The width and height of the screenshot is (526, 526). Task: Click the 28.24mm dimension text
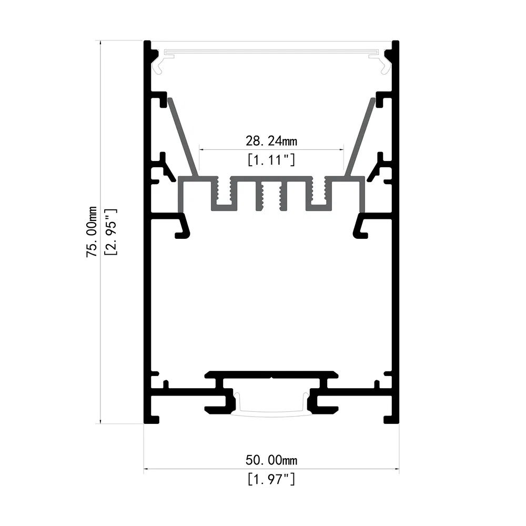pos(271,140)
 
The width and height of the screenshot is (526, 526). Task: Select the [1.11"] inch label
pos(271,159)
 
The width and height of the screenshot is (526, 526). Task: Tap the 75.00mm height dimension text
pos(92,231)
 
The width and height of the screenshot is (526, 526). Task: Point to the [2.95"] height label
pos(110,231)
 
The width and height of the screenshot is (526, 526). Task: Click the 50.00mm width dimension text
pos(271,460)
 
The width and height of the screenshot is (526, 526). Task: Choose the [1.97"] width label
pos(271,479)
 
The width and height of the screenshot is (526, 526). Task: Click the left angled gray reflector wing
pos(183,137)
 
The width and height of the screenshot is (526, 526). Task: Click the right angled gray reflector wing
pos(361,137)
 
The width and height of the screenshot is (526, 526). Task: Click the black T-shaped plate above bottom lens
pos(271,375)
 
